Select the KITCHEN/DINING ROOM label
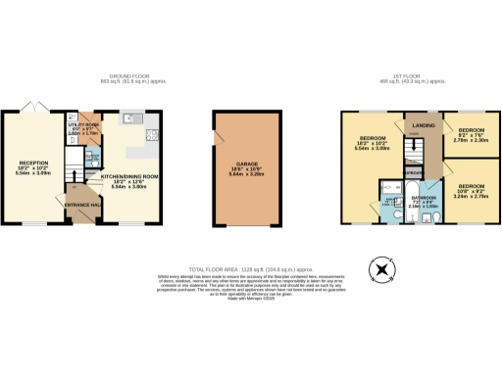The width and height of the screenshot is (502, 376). click(131, 176)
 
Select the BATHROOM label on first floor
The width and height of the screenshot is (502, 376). click(424, 198)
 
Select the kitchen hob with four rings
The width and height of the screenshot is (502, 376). click(148, 135)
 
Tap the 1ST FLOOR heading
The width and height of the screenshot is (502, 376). click(419, 76)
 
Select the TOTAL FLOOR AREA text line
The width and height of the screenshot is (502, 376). click(251, 267)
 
